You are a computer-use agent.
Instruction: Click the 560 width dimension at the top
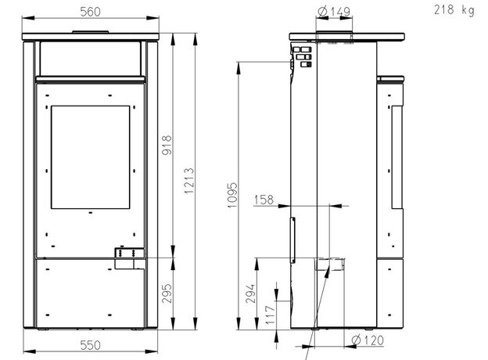click(x=90, y=12)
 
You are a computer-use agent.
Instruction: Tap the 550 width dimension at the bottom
click(x=90, y=345)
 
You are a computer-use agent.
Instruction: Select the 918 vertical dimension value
click(x=167, y=145)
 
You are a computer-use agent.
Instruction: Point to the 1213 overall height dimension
click(x=189, y=181)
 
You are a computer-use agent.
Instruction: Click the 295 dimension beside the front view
click(x=167, y=293)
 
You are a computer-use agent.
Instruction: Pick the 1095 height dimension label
click(x=232, y=196)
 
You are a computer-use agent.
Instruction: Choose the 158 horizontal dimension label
click(x=264, y=200)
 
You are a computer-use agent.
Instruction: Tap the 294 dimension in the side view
click(x=250, y=293)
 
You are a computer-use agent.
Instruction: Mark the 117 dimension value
click(x=270, y=315)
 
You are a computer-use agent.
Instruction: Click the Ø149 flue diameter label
click(x=334, y=12)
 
